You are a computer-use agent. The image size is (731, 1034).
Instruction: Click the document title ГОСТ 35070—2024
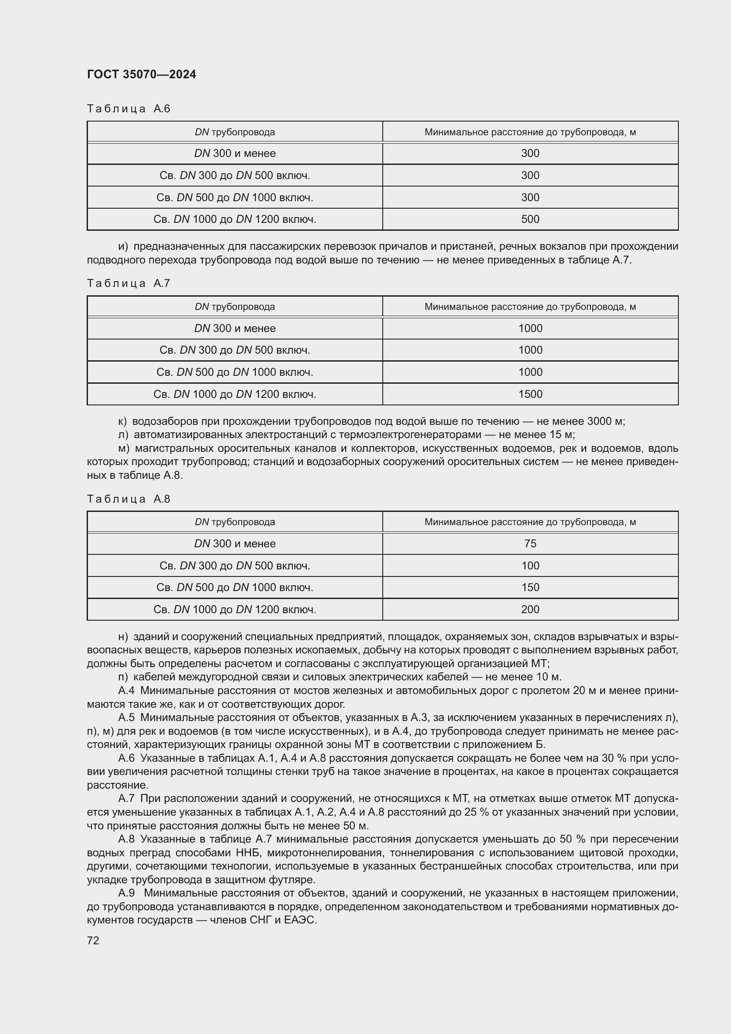pos(141,74)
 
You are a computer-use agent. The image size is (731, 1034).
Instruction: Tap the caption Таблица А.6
pos(128,109)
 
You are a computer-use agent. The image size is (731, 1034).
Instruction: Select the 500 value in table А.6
pos(530,219)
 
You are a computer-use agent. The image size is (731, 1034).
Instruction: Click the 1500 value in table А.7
pos(530,394)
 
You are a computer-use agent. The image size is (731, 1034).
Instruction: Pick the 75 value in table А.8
pos(530,544)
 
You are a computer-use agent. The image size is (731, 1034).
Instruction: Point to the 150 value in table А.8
pos(530,587)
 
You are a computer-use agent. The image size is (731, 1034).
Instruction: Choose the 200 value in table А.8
pos(530,609)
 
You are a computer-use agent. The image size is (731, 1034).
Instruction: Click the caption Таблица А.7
pos(128,283)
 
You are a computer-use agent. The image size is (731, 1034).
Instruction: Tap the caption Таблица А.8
pos(128,499)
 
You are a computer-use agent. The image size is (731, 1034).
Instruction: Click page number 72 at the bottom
pos(93,940)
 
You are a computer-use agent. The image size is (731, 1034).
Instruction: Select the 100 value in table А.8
pos(530,566)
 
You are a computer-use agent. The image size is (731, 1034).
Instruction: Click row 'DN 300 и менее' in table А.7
pos(235,328)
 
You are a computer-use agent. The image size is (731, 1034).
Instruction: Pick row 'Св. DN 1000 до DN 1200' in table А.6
pos(235,219)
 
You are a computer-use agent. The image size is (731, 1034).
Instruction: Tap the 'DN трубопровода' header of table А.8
pos(235,522)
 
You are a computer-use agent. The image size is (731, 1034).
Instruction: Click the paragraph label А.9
pos(126,893)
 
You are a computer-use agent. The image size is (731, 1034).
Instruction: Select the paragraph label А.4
pos(126,691)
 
